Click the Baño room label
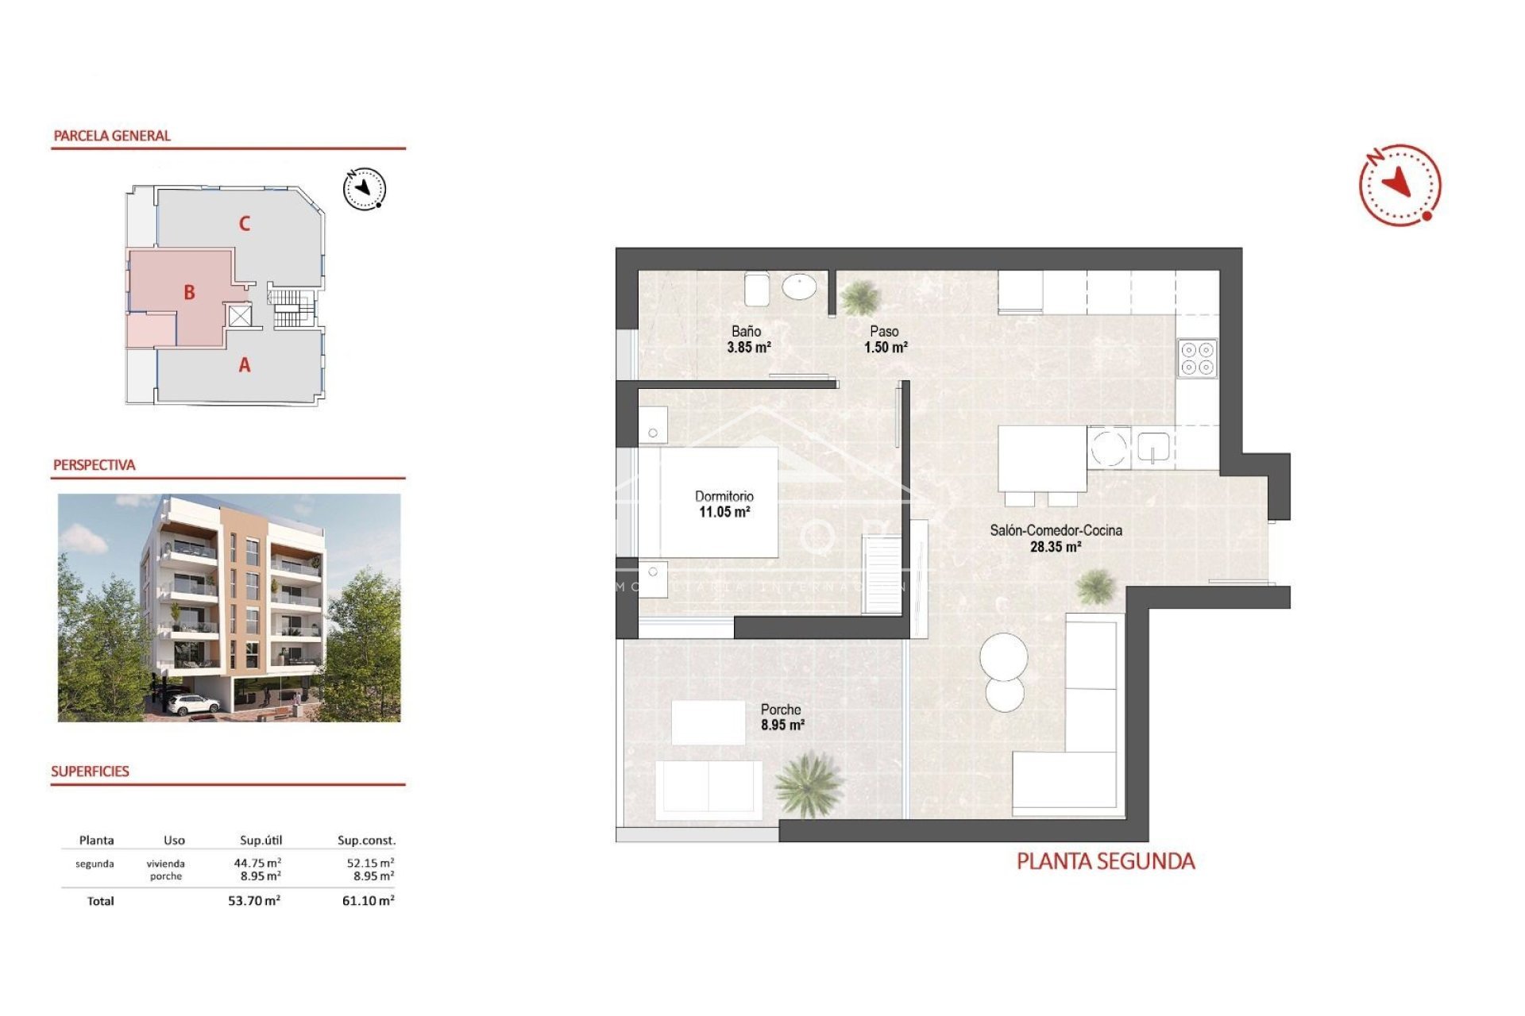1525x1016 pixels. coord(746,332)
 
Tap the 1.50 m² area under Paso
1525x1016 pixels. coord(886,348)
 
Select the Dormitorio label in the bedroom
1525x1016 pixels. coord(724,496)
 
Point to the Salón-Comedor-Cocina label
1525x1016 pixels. coord(1056,530)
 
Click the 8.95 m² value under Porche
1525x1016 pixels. coord(782,725)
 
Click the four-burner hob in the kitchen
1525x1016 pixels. coord(1197,358)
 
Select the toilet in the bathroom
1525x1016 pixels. coord(756,289)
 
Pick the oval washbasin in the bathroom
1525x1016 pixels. coord(799,287)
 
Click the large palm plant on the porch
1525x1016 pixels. coord(808,784)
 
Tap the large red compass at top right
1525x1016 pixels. coord(1400,185)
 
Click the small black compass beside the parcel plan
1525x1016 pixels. coord(364,189)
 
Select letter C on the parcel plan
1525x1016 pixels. coord(245,224)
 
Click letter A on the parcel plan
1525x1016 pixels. coord(245,365)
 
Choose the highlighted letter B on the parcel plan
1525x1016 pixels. coord(189,292)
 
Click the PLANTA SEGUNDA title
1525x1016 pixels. coord(1105,861)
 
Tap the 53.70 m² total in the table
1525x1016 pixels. coord(253,901)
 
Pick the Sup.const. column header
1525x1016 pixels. coord(366,840)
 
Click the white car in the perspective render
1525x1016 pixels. coord(192,703)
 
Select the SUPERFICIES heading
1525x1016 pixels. coord(90,772)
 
